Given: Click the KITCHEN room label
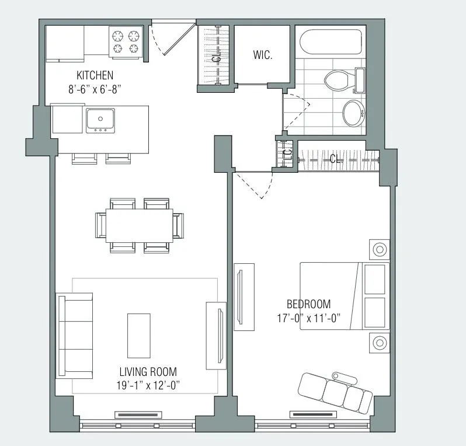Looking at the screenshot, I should tap(95, 75).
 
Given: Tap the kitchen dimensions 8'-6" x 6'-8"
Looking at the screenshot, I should tap(95, 89).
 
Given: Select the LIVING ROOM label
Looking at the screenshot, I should tap(148, 371).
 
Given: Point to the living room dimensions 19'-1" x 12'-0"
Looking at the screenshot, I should tap(148, 385).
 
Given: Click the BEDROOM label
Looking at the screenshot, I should tap(308, 304).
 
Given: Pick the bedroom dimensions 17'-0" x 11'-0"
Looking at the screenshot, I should tap(308, 318).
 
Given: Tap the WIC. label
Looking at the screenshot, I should tap(263, 55).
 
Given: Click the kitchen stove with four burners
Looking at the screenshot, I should tap(126, 42).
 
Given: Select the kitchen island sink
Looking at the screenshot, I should tap(100, 120).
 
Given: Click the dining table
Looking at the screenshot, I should tap(140, 225).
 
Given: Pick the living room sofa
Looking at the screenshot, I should tap(75, 336).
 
